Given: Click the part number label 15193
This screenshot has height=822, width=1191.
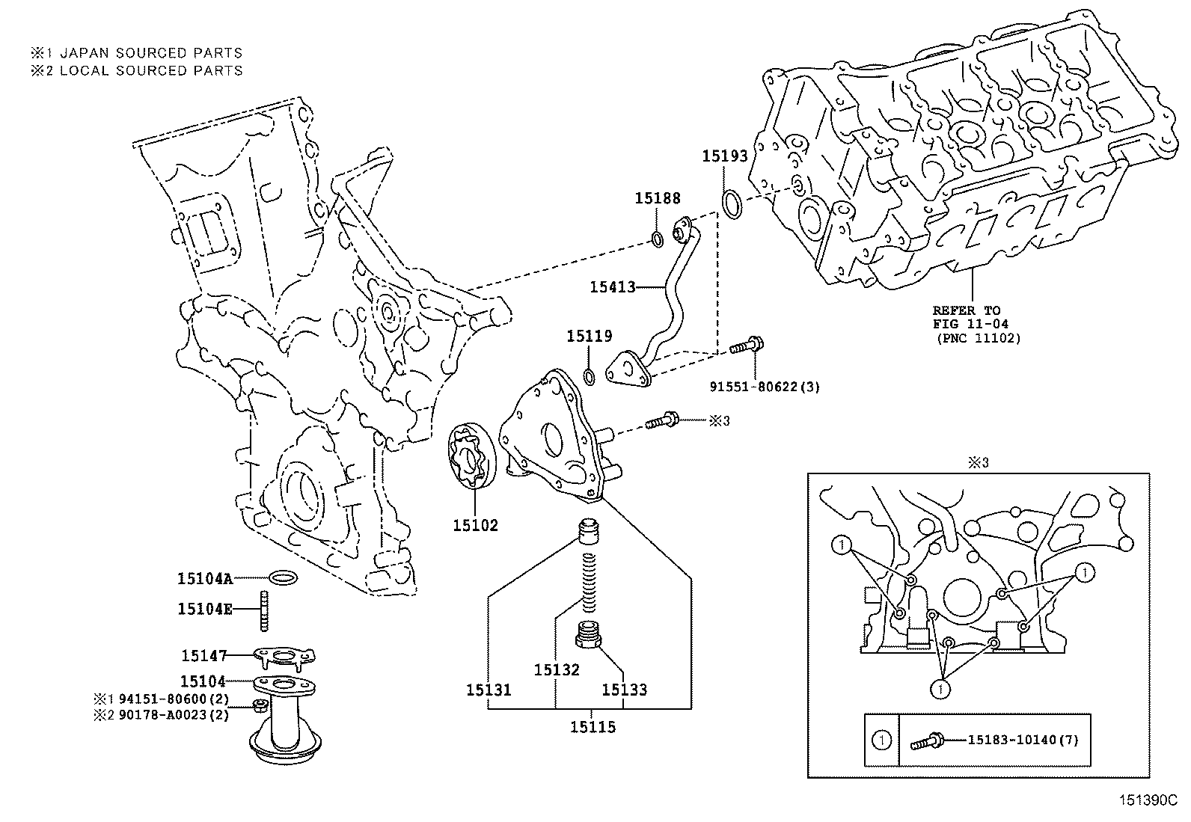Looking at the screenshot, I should tap(724, 156).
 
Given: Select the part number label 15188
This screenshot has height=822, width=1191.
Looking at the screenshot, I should tap(658, 198).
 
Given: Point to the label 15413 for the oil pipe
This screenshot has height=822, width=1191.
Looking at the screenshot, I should tap(612, 286).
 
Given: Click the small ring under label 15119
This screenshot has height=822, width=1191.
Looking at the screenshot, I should tap(589, 375).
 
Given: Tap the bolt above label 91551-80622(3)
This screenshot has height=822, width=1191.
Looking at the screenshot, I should tap(745, 346).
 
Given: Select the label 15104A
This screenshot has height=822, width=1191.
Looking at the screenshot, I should tap(205, 578).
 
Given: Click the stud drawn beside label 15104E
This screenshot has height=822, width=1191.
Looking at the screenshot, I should tap(265, 610).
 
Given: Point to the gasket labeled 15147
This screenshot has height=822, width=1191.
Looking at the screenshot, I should tap(282, 657).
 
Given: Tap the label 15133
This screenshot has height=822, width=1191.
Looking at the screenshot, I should tap(624, 690).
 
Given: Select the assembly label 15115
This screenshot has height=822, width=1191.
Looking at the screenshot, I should tap(593, 726).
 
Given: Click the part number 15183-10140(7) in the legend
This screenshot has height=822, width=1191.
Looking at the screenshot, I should tap(1023, 740).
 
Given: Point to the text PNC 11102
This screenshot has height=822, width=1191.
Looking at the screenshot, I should tap(979, 337).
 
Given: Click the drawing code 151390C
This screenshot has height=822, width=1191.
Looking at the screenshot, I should tap(1148, 800).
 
